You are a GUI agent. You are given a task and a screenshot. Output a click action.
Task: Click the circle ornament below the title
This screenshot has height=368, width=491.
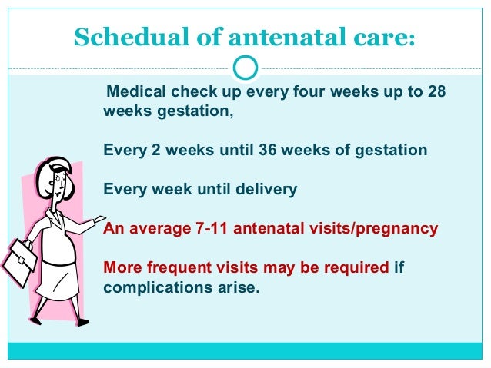click(x=245, y=68)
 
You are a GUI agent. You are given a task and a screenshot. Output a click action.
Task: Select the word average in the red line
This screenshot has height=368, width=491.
click(x=157, y=229)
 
